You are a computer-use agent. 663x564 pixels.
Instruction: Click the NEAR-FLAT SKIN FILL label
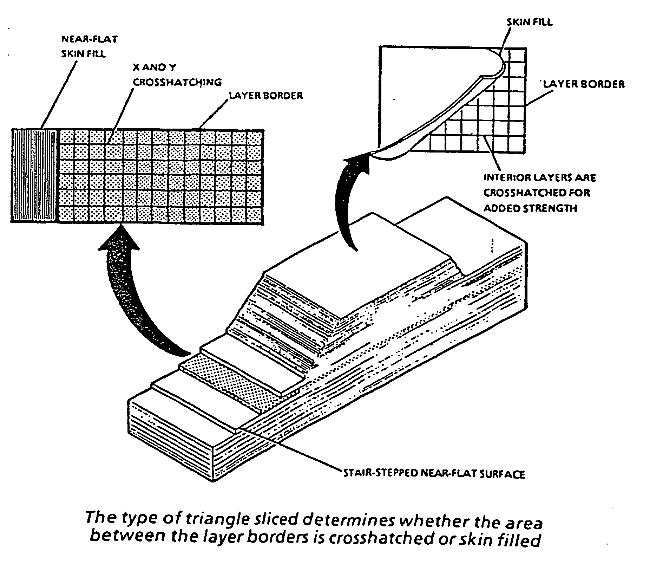point(89,47)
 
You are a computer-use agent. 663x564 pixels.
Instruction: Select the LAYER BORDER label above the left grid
point(266,96)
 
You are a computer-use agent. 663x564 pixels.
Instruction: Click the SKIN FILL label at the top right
point(529,22)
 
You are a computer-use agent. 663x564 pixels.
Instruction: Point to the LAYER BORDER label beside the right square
point(584,84)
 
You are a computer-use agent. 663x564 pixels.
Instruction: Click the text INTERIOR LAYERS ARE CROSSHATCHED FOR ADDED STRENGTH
point(540,193)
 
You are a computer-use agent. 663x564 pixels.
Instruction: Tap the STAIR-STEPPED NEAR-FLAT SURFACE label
point(434,474)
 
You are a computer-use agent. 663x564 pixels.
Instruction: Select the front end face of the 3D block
point(172,439)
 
